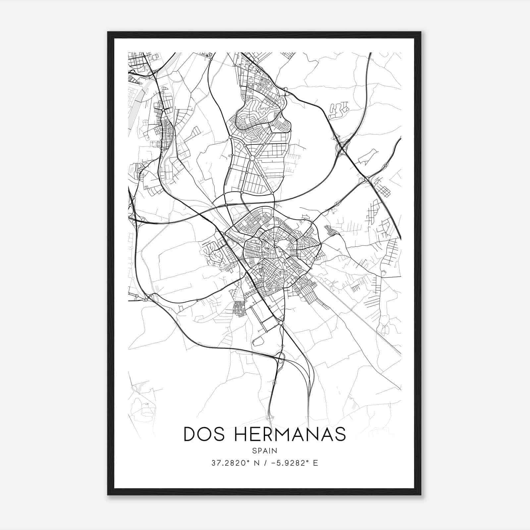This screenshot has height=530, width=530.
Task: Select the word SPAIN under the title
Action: coord(264,450)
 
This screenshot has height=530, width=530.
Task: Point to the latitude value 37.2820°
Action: coord(229,463)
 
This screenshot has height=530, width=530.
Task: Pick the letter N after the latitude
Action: coord(255,463)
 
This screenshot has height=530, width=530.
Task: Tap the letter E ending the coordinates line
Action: coord(315,463)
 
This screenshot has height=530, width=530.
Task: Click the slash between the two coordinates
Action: coord(265,463)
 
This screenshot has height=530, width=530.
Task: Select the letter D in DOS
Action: coord(190,434)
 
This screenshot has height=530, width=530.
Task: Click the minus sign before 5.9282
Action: coord(273,463)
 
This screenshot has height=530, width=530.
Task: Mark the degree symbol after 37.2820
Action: coord(248,461)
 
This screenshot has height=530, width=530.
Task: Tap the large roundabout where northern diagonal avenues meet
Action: coord(252,158)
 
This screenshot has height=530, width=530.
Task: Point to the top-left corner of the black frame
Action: coord(108,32)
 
